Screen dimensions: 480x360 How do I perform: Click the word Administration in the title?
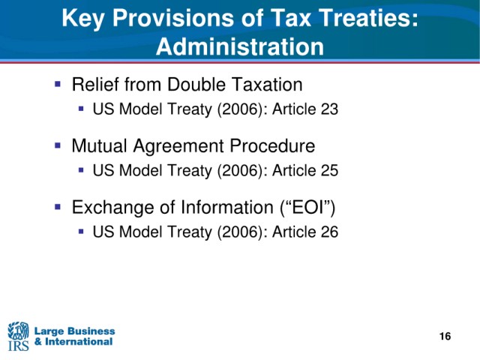point(240,46)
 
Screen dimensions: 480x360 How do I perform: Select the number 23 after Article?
point(329,109)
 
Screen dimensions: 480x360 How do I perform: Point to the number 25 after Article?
point(329,170)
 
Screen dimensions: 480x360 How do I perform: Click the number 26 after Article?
point(329,232)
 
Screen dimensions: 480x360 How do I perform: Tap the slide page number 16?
point(445,336)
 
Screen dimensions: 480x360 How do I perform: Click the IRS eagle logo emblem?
point(18,331)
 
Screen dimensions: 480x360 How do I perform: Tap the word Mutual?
point(99,145)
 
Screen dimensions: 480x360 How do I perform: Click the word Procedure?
point(272,145)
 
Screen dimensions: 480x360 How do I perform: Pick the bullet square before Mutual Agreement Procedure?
point(58,145)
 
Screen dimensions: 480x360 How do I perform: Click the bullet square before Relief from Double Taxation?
point(58,83)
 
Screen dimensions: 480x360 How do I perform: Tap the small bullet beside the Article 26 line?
point(81,231)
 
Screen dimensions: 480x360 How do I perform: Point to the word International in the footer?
point(79,342)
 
